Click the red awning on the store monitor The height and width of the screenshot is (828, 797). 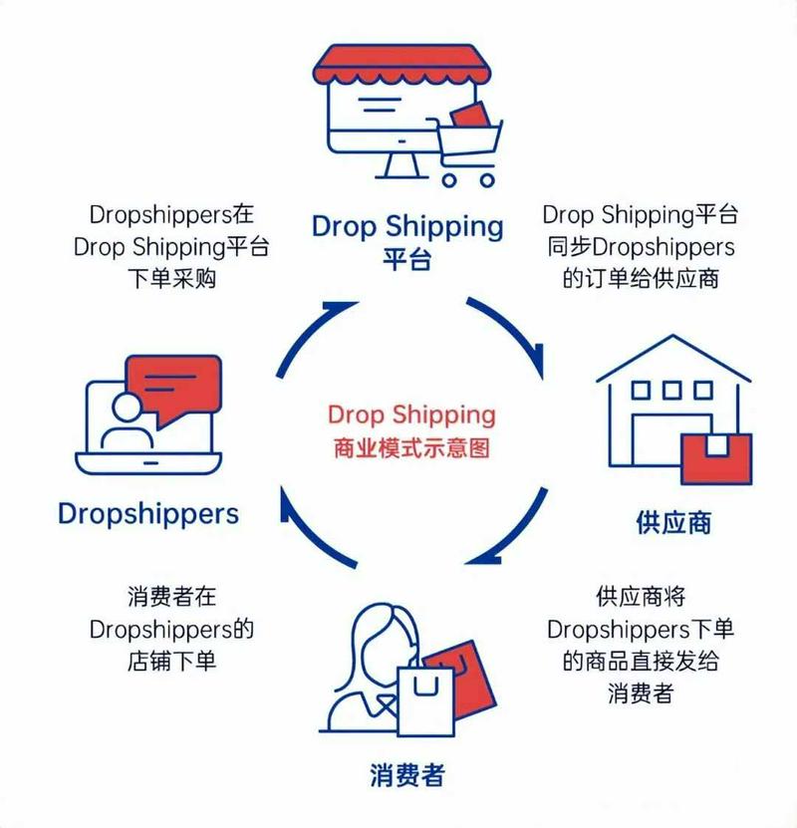401,65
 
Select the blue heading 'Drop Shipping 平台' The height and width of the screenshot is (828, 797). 406,242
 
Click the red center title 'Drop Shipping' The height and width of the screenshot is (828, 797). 411,415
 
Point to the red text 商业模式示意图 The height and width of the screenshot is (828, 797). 411,448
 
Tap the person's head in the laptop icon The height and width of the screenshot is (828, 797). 127,408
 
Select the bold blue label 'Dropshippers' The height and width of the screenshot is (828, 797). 148,514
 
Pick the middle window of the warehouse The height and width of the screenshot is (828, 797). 671,391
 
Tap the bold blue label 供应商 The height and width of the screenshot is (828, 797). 673,523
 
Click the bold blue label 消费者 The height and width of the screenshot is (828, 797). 406,775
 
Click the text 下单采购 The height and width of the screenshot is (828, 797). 172,278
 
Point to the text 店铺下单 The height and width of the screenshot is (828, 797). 172,661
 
